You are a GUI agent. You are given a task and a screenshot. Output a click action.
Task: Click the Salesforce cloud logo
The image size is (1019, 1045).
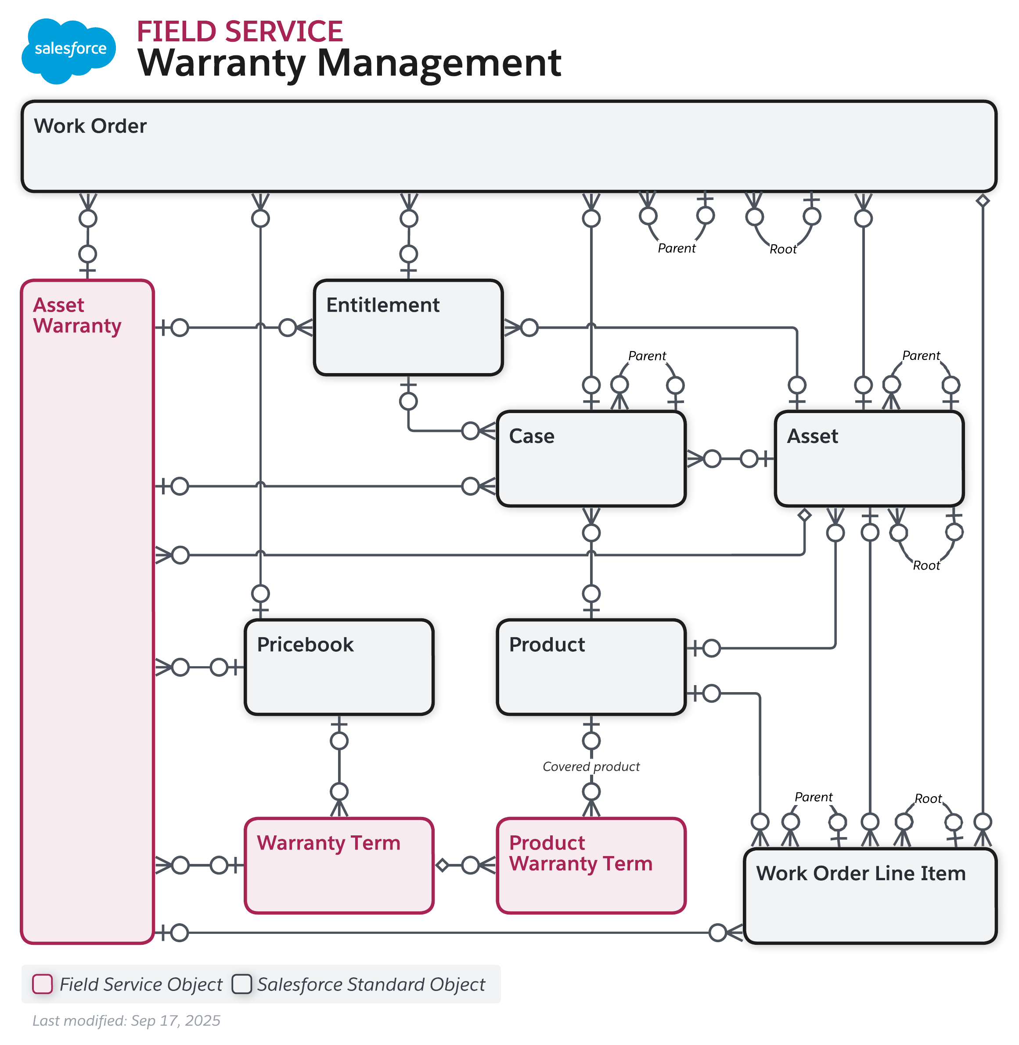click(x=68, y=51)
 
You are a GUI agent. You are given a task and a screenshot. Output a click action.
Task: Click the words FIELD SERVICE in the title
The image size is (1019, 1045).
click(x=239, y=32)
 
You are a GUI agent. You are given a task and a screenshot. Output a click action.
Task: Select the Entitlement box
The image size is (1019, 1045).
click(x=408, y=327)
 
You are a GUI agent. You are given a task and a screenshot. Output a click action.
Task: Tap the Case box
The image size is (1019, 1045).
click(x=591, y=458)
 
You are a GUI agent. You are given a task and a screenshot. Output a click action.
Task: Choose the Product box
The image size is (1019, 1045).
click(x=591, y=667)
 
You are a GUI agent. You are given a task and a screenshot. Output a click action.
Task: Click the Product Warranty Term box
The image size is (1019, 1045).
click(x=591, y=865)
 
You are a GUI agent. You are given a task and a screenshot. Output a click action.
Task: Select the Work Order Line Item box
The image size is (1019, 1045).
click(x=870, y=895)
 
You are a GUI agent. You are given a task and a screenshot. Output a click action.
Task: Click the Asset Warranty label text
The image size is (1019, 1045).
click(x=77, y=316)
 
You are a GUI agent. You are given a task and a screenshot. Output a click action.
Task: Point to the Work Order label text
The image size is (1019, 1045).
click(x=90, y=126)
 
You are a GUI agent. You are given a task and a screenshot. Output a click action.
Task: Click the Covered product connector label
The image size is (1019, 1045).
click(x=591, y=766)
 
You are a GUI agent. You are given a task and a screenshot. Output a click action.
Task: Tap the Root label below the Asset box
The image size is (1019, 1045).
click(x=926, y=566)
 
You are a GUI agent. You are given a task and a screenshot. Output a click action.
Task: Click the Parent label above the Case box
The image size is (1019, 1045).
click(x=647, y=356)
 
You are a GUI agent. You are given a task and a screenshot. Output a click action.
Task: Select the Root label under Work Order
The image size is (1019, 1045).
click(x=783, y=249)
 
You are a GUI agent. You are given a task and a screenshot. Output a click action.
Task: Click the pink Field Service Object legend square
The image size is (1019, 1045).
click(x=42, y=984)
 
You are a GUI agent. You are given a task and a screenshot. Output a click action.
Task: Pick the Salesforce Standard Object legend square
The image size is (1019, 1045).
click(x=242, y=984)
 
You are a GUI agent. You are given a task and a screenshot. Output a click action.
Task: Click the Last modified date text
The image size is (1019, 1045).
click(x=126, y=1020)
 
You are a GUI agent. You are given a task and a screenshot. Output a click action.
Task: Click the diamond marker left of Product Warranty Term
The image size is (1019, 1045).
click(x=442, y=865)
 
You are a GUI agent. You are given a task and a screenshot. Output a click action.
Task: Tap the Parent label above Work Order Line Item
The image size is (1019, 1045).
click(x=814, y=797)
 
